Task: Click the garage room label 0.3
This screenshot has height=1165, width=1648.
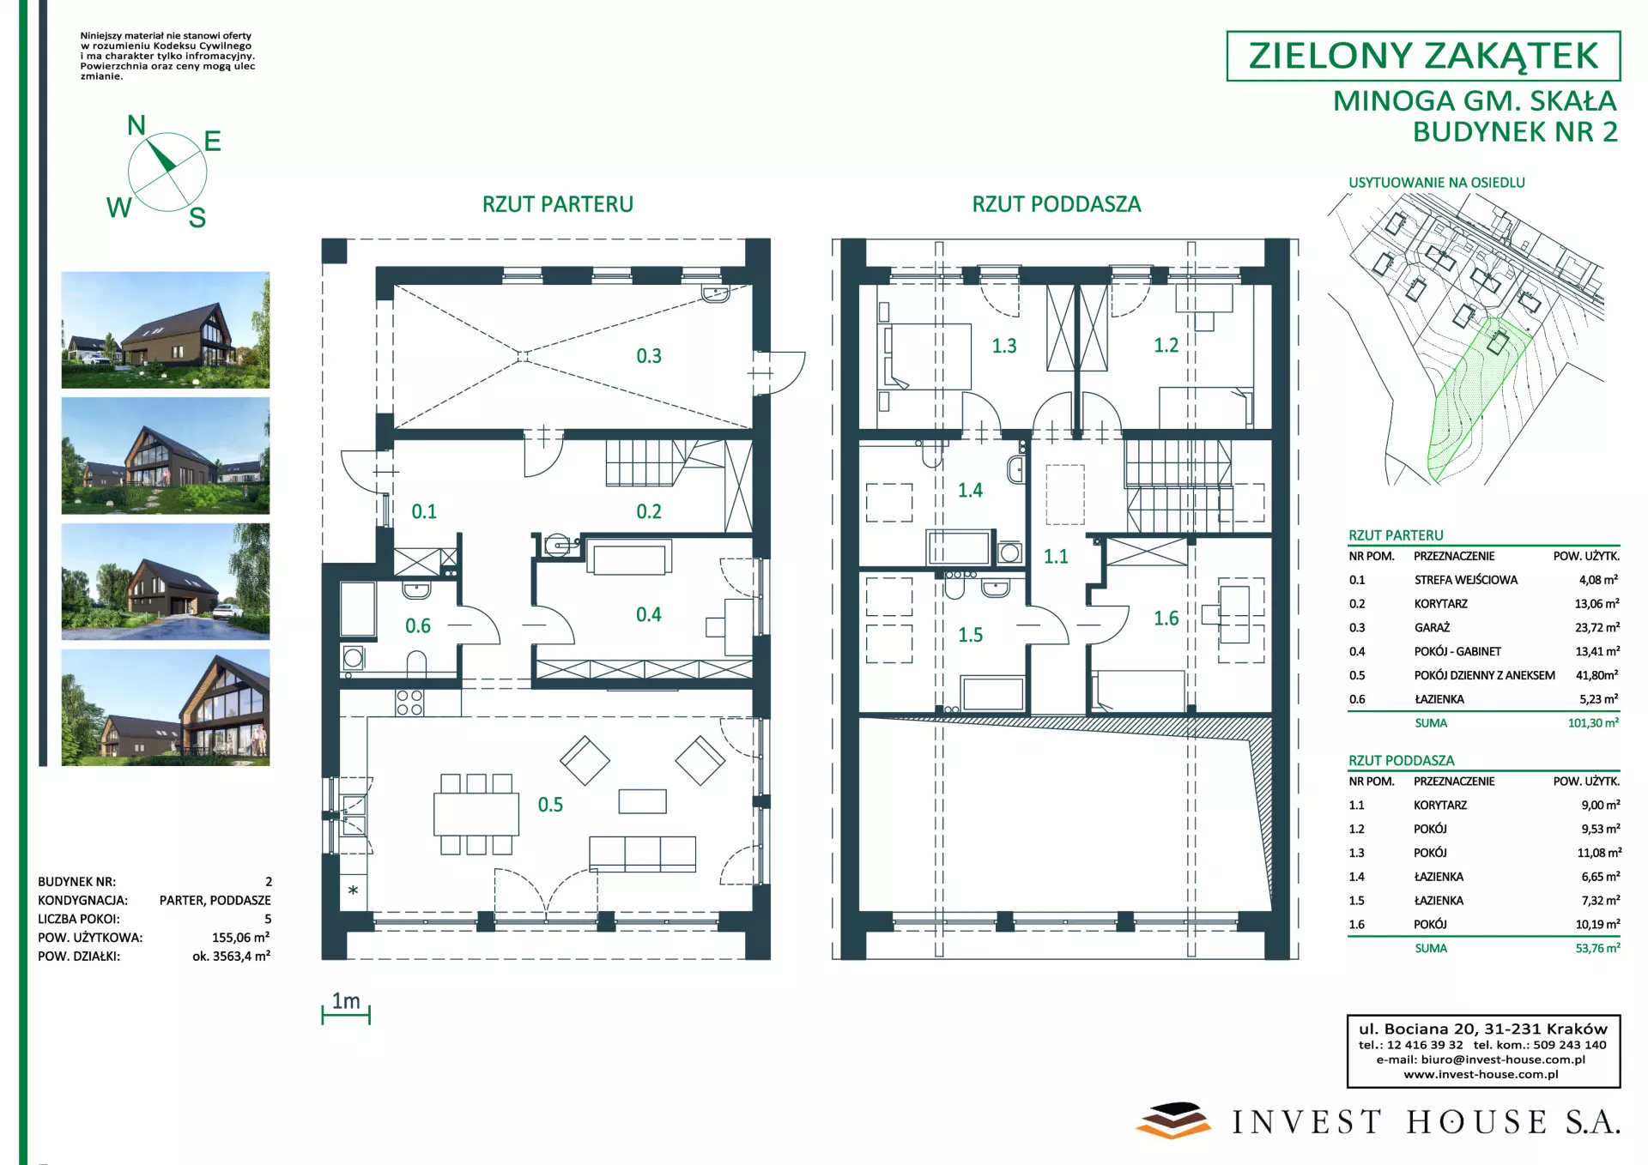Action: coord(649,356)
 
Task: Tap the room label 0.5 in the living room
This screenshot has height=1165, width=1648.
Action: coord(550,805)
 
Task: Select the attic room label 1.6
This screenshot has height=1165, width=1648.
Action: coord(1166,619)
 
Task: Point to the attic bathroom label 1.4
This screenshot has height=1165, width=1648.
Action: coord(970,491)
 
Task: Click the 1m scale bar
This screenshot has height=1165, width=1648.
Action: coord(346,1016)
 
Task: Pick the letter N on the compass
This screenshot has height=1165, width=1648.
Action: coord(136,125)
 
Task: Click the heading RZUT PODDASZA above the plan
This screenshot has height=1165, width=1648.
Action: coord(1057,204)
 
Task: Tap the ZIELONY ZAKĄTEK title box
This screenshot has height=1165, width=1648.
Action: coord(1423,56)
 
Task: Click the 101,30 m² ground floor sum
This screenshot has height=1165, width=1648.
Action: coord(1594,723)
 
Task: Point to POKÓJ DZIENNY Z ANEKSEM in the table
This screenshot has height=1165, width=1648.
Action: coord(1484,676)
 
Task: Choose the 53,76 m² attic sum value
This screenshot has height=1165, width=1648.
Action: coord(1597,949)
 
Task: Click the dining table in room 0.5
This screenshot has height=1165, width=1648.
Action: coord(476,814)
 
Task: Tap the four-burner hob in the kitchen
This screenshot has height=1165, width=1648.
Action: coord(409,703)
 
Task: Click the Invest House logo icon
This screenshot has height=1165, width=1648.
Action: coord(1172,1120)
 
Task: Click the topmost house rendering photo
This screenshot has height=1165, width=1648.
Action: coord(166,330)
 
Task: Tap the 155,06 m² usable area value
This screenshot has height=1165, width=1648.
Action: coord(241,938)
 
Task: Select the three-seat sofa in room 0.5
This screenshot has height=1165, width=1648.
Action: coord(642,854)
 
